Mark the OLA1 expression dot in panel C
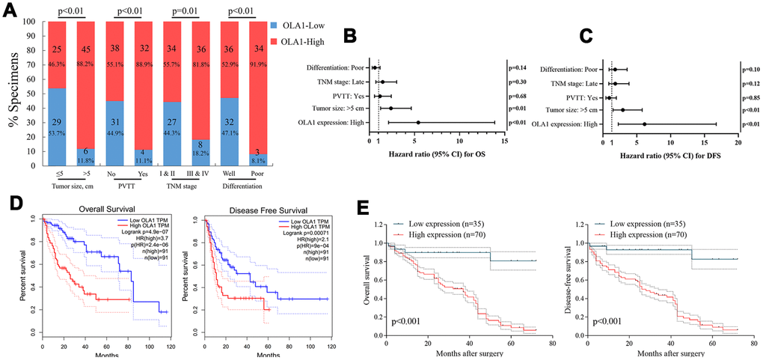[x=644, y=123]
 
